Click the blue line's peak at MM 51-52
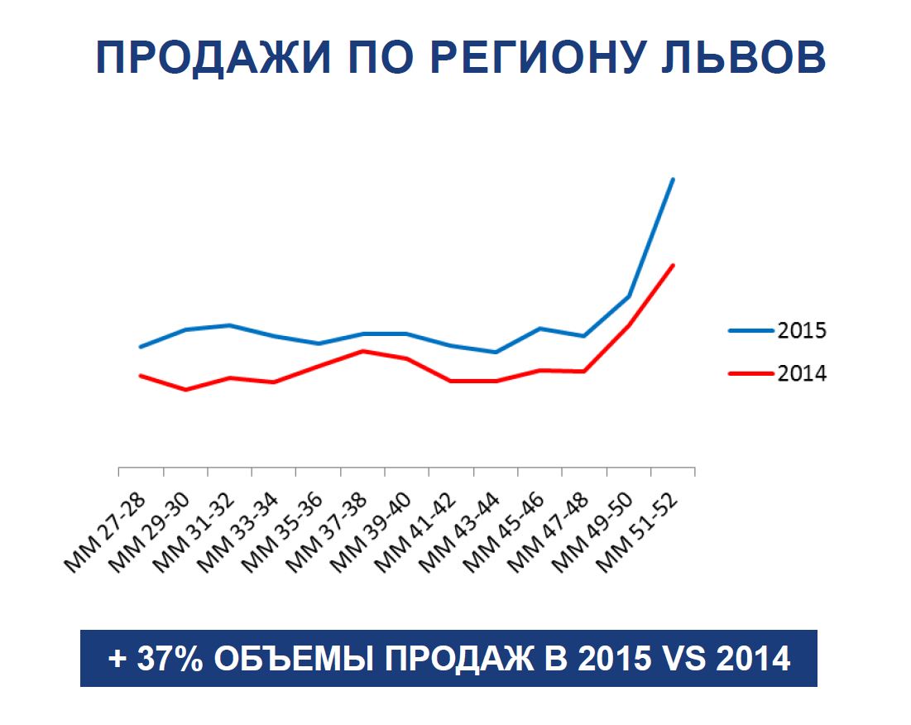674,179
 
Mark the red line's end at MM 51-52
674,266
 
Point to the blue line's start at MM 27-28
141,347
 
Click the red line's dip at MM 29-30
185,389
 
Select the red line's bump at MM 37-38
362,351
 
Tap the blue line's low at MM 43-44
496,353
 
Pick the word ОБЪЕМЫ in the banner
285,660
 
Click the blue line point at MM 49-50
629,296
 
